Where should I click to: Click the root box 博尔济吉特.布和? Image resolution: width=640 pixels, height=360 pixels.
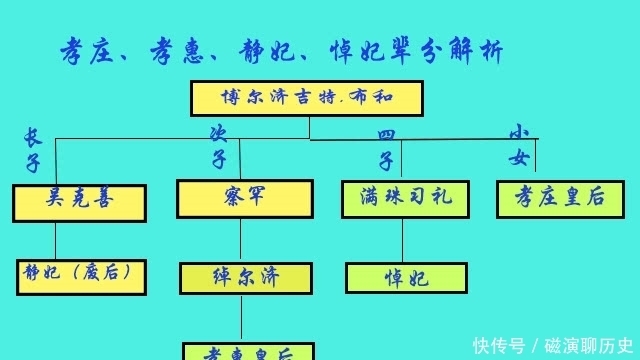click(x=306, y=98)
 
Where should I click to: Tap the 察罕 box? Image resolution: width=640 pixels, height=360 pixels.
click(x=240, y=198)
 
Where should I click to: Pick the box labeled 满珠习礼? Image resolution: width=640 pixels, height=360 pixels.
click(x=403, y=199)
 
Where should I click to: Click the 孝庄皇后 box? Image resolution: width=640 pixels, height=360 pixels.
click(x=553, y=198)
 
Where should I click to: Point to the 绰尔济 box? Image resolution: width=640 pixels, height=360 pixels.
click(x=240, y=278)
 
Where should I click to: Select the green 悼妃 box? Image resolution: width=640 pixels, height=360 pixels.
click(x=407, y=278)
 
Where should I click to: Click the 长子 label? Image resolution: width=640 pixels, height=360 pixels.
click(x=32, y=150)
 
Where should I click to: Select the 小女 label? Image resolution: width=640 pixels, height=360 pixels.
click(x=519, y=145)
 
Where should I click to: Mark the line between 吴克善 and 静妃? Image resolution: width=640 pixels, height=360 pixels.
click(x=56, y=240)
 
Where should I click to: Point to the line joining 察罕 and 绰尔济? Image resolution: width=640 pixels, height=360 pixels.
click(x=240, y=240)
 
